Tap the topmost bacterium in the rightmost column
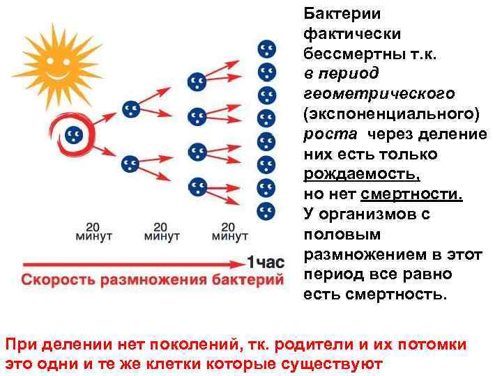[x=266, y=49]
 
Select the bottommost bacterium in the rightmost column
[x=266, y=210]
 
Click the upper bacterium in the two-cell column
[x=130, y=109]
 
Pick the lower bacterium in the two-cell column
[x=130, y=164]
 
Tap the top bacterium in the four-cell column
[x=197, y=81]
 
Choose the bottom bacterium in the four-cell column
[x=197, y=186]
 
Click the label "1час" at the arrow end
[x=266, y=263]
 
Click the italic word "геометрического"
[x=379, y=93]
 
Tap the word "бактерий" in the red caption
[x=249, y=281]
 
